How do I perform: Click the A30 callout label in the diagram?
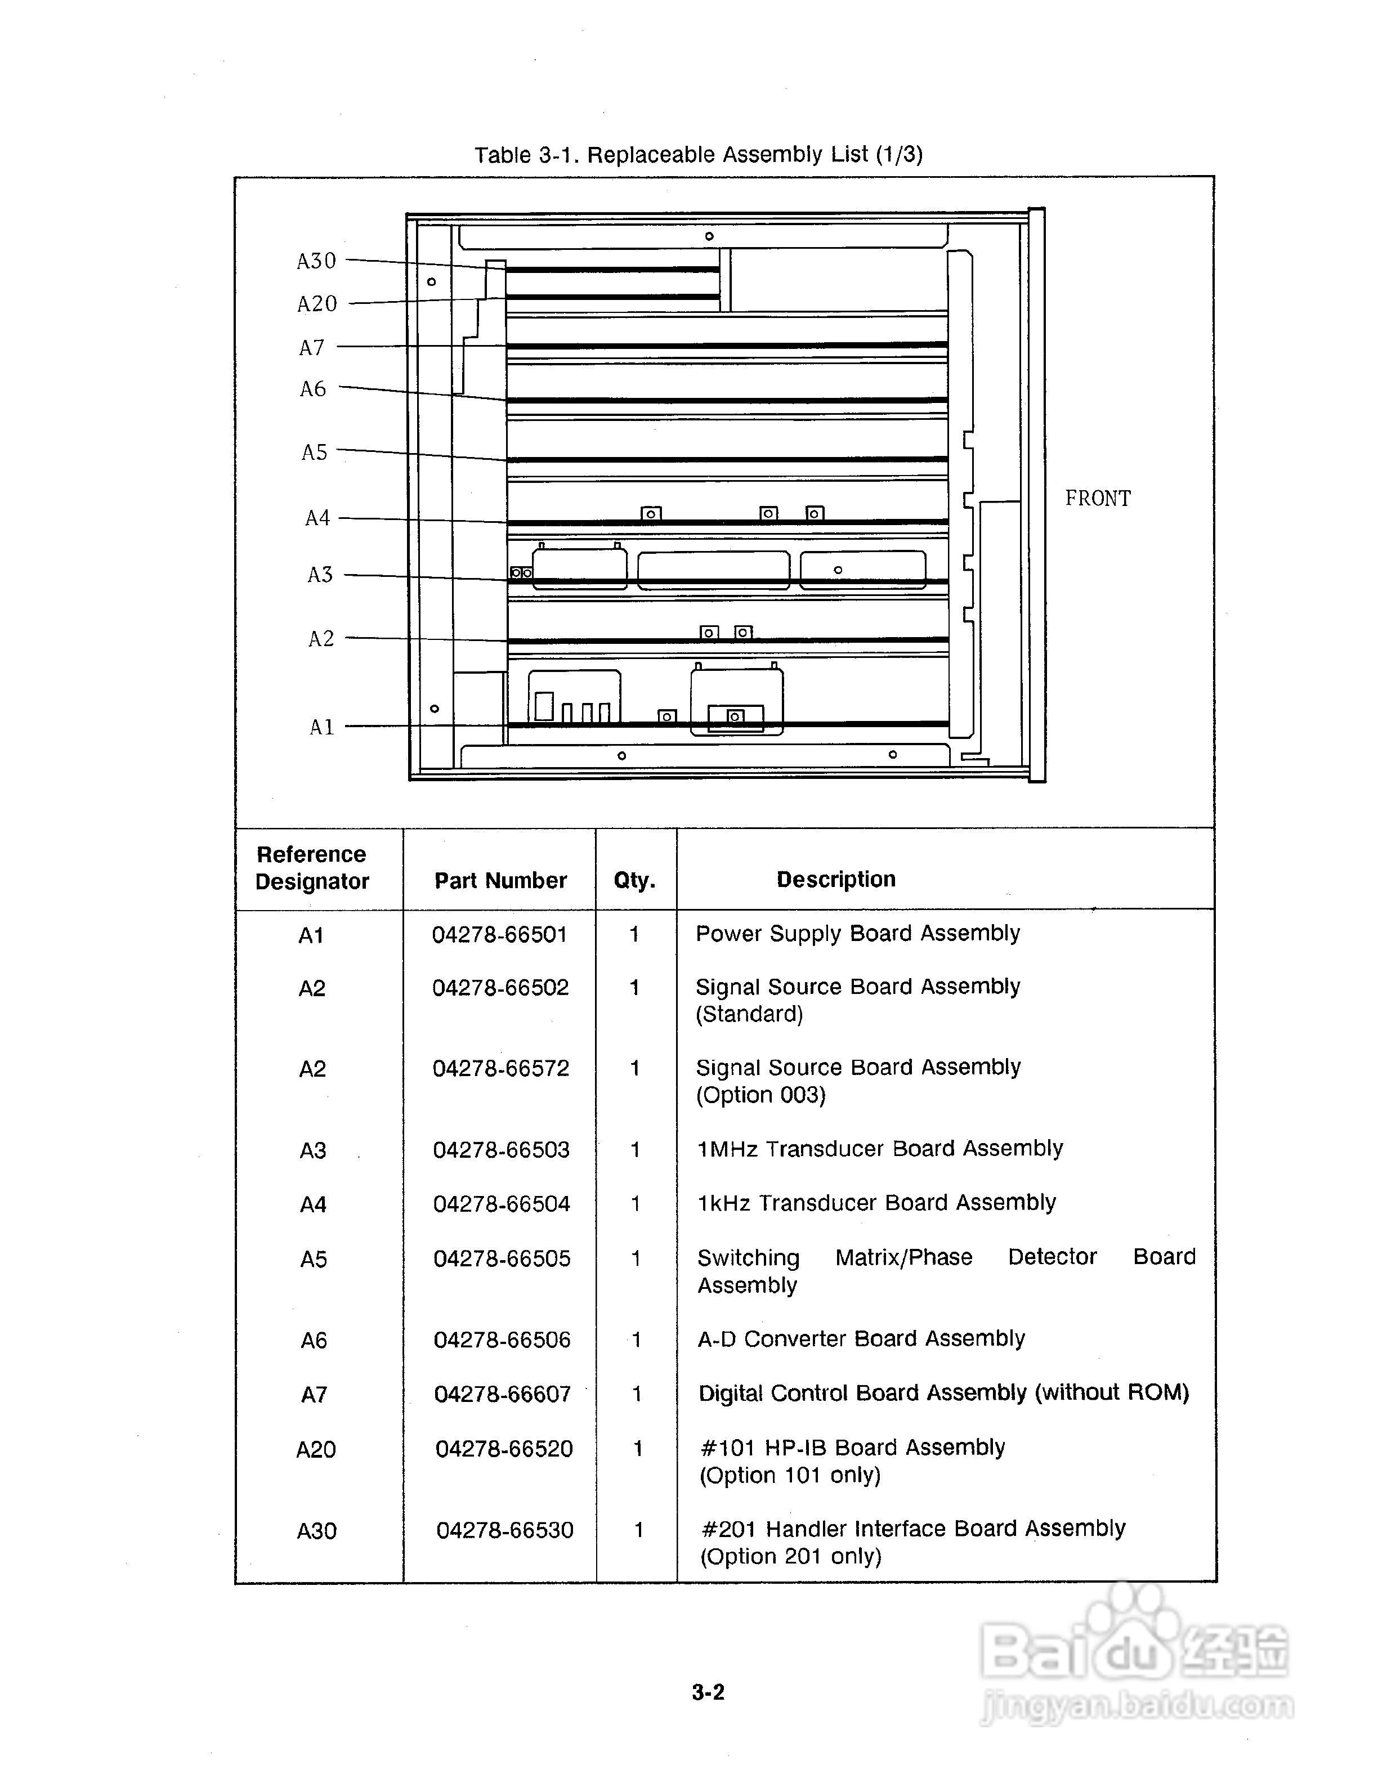click(317, 261)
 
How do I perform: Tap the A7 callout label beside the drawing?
click(312, 348)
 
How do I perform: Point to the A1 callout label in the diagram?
click(321, 727)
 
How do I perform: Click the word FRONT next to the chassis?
click(1098, 498)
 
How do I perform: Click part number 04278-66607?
click(502, 1394)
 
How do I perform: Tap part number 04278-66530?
click(504, 1530)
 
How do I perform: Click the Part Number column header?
click(500, 880)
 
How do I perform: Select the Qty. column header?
click(634, 880)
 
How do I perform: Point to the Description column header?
click(836, 879)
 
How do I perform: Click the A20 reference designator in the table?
click(316, 1449)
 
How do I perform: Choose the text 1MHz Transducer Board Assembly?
click(880, 1149)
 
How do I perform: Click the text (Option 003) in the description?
click(761, 1095)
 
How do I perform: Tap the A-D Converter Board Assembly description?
click(861, 1339)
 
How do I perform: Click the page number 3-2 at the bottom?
click(708, 1692)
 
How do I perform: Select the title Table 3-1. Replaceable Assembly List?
click(699, 154)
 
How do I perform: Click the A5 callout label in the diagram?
click(314, 453)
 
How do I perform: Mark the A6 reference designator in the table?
click(314, 1341)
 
